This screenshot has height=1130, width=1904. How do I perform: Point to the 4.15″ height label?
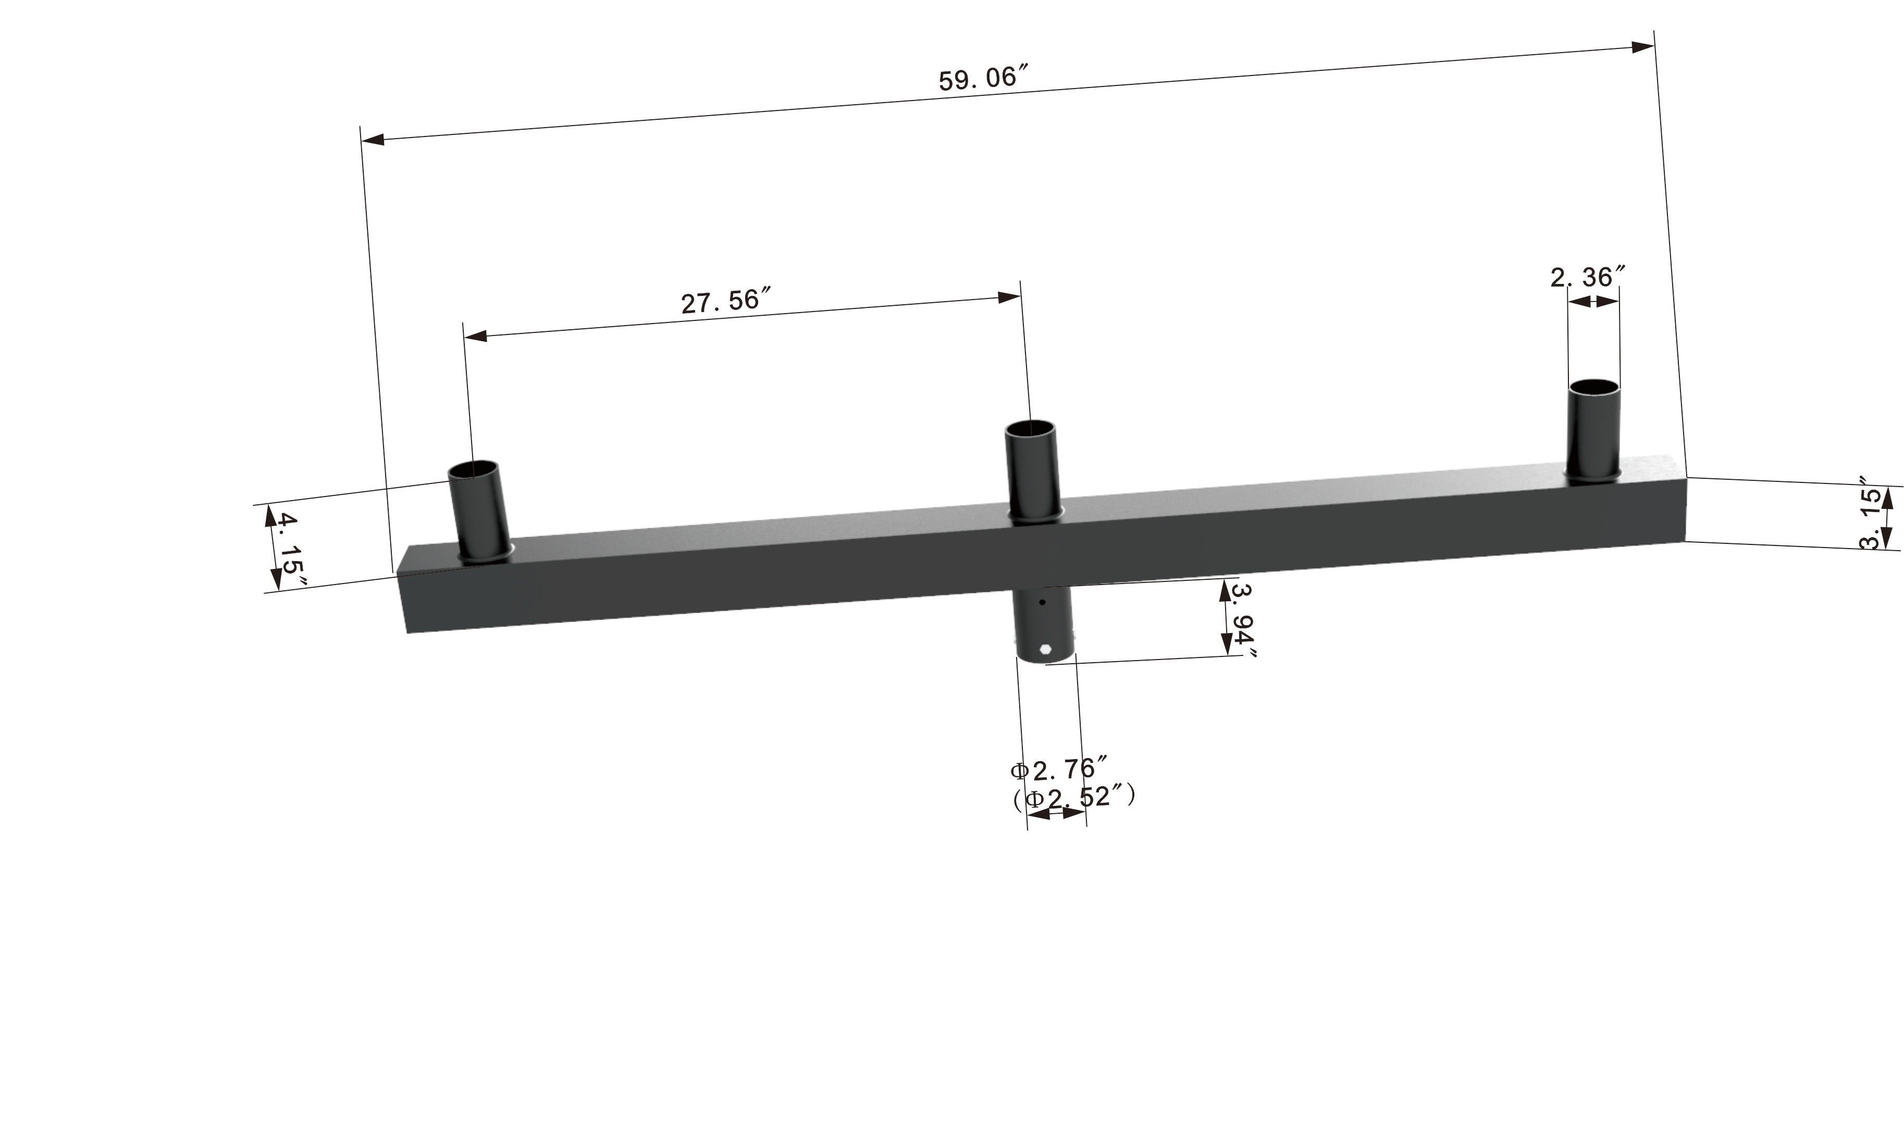[x=288, y=551]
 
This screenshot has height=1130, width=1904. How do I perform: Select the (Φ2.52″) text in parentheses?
[x=1074, y=797]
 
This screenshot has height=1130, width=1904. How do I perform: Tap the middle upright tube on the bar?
[x=1032, y=472]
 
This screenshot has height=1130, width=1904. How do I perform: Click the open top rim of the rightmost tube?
[x=1593, y=387]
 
